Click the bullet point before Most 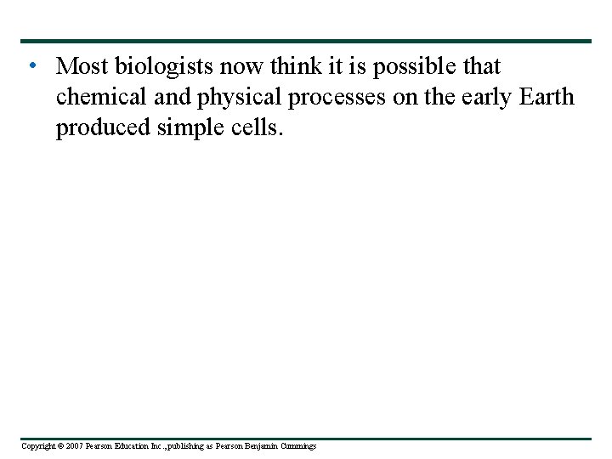click(31, 66)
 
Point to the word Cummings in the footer click(299, 446)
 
